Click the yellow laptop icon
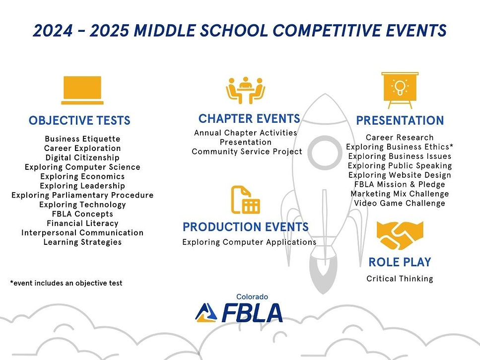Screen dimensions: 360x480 [82, 90]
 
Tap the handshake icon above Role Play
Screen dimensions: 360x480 [400, 235]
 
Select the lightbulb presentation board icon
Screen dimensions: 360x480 [400, 90]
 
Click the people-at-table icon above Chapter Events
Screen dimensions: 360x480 [245, 90]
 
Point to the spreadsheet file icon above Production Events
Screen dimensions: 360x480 [245, 200]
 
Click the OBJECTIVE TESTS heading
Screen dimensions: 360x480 [79, 121]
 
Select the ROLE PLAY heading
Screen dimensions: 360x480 [400, 262]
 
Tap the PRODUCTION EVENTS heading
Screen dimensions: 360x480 [245, 227]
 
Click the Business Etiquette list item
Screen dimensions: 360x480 [82, 139]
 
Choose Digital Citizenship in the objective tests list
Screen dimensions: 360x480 [82, 158]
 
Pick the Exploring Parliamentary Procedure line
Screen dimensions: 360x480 [82, 195]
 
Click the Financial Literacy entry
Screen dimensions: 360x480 [82, 223]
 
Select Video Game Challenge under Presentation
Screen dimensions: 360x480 [400, 203]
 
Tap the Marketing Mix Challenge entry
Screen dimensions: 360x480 [400, 194]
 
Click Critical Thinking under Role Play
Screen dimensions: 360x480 [400, 279]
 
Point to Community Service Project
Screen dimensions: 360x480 [247, 151]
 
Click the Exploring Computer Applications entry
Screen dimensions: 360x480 [249, 242]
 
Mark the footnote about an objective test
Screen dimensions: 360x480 [66, 283]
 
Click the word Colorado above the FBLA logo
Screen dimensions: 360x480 [252, 297]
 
